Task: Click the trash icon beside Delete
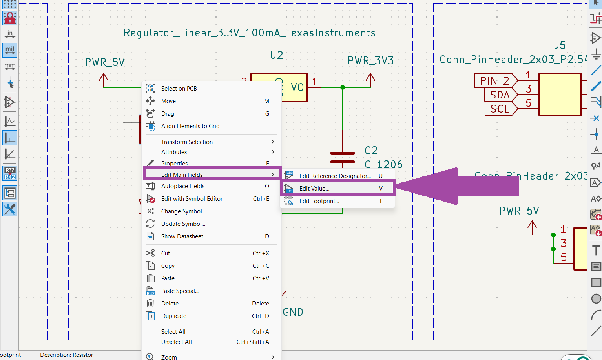click(150, 303)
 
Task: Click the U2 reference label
click(277, 55)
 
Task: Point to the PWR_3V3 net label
click(370, 61)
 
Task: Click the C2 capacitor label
click(371, 151)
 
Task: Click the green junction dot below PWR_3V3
click(342, 87)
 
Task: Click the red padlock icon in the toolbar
click(10, 18)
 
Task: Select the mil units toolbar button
click(10, 50)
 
